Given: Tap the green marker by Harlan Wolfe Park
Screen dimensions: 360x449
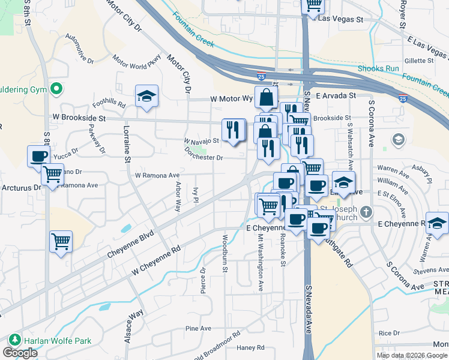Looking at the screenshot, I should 13,341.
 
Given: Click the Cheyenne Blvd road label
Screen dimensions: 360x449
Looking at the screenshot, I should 131,244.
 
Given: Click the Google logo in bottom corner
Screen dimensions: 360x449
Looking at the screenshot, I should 20,353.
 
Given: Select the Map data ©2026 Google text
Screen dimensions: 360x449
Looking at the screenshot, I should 412,355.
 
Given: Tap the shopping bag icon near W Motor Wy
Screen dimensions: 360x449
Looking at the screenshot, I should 265,97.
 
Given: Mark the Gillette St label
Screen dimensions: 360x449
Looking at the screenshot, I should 418,61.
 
